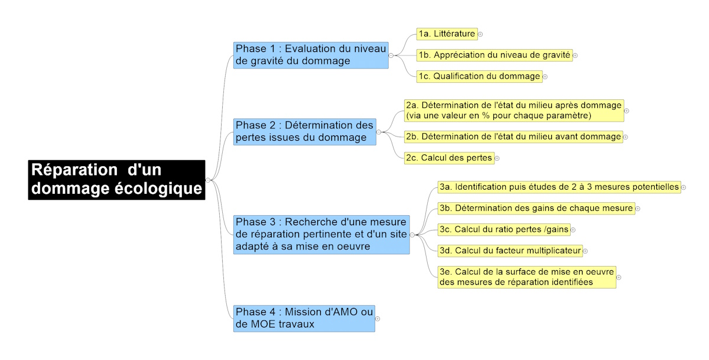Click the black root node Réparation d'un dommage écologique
pyautogui.click(x=116, y=180)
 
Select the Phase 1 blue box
pyautogui.click(x=311, y=56)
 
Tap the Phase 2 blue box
pyautogui.click(x=305, y=132)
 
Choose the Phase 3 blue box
pyautogui.click(x=321, y=235)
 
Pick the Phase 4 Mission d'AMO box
pyautogui.click(x=304, y=319)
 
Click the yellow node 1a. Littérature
pyautogui.click(x=447, y=34)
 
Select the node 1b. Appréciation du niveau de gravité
pyautogui.click(x=495, y=56)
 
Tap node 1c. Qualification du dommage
pyautogui.click(x=480, y=77)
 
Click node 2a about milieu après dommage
pyautogui.click(x=514, y=111)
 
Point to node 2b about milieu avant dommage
pyautogui.click(x=513, y=137)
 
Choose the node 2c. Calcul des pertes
pyautogui.click(x=449, y=158)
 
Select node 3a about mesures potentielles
pyautogui.click(x=560, y=187)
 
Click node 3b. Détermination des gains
pyautogui.click(x=536, y=208)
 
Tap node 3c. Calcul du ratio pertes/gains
pyautogui.click(x=504, y=229)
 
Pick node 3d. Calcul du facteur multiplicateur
pyautogui.click(x=510, y=251)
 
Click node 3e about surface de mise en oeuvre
pyautogui.click(x=527, y=277)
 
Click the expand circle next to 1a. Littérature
pyautogui.click(x=480, y=34)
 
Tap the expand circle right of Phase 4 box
pyautogui.click(x=378, y=319)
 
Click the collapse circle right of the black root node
pyautogui.click(x=208, y=180)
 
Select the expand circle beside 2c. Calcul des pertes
pyautogui.click(x=497, y=158)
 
